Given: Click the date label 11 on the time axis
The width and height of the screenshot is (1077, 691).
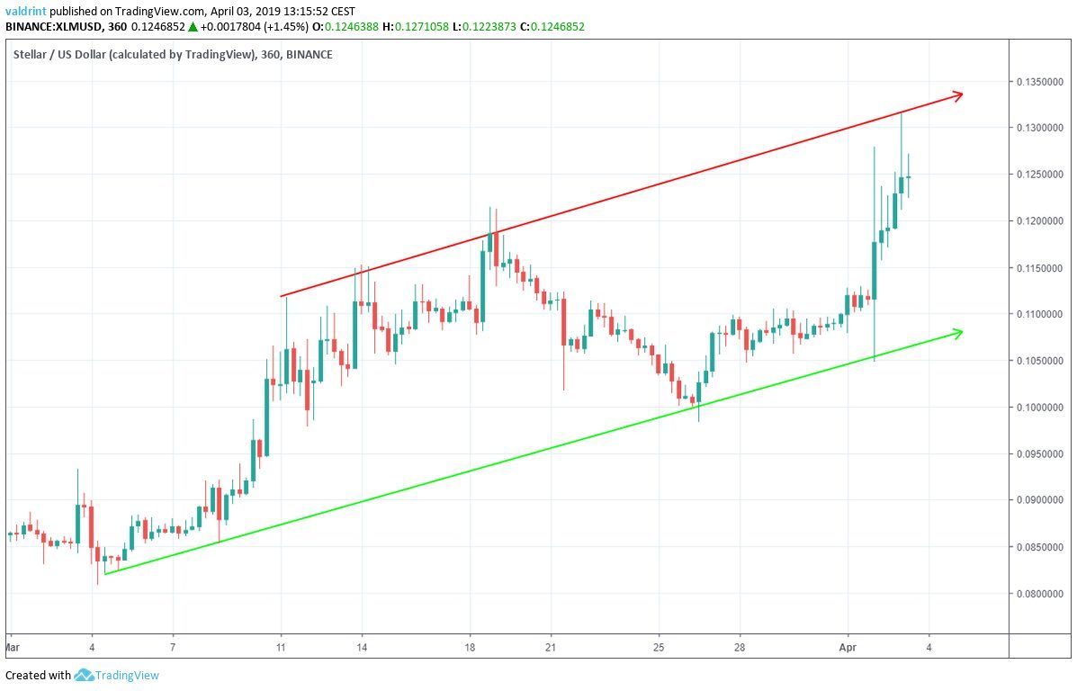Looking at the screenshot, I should click(x=281, y=646).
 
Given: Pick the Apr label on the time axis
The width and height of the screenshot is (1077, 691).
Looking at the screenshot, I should click(x=847, y=646).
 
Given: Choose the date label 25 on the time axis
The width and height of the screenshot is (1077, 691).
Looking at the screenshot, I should click(x=659, y=646).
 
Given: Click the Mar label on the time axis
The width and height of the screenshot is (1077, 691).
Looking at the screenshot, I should click(x=12, y=646).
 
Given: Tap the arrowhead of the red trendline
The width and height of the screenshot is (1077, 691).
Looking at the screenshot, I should click(x=960, y=94).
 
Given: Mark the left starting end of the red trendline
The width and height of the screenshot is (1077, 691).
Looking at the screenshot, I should click(x=282, y=295).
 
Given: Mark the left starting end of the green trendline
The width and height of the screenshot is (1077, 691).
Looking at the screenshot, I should click(x=106, y=573).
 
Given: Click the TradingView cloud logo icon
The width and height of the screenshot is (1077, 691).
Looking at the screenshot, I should click(x=85, y=675).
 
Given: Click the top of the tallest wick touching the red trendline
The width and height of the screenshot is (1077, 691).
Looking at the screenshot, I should click(x=902, y=113).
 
